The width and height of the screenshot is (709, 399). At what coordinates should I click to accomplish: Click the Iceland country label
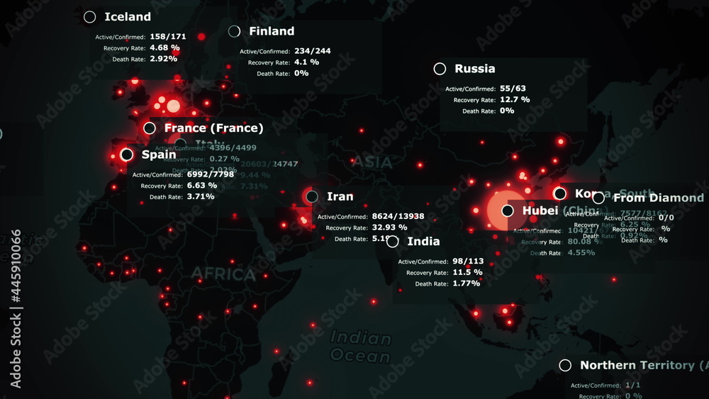click(128, 17)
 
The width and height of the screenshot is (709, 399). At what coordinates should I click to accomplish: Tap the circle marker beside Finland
click(235, 31)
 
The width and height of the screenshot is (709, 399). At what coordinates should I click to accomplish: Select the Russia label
click(474, 69)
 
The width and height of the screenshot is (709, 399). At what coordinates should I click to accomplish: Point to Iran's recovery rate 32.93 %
click(389, 227)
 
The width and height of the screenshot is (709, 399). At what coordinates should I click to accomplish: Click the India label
click(423, 242)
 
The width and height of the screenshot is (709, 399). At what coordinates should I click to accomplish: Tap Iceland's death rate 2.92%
click(163, 59)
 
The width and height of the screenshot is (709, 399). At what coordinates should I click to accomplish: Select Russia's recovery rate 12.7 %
click(515, 100)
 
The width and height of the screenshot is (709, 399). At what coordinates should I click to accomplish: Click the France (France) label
click(213, 128)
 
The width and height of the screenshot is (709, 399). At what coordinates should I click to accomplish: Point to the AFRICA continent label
click(223, 274)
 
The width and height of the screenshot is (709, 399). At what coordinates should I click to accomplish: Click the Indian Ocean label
click(361, 347)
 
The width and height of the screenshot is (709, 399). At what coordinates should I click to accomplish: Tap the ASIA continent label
click(372, 163)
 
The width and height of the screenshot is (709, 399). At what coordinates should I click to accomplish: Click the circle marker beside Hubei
click(508, 210)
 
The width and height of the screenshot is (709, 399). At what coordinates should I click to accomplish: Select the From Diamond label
click(658, 198)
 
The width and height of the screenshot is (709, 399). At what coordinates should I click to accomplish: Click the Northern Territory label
click(637, 365)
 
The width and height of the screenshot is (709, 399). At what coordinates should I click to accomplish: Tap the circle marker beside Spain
click(127, 154)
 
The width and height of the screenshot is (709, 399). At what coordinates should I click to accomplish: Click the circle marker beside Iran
click(312, 196)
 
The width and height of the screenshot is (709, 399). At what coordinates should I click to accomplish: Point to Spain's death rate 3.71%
click(200, 196)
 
